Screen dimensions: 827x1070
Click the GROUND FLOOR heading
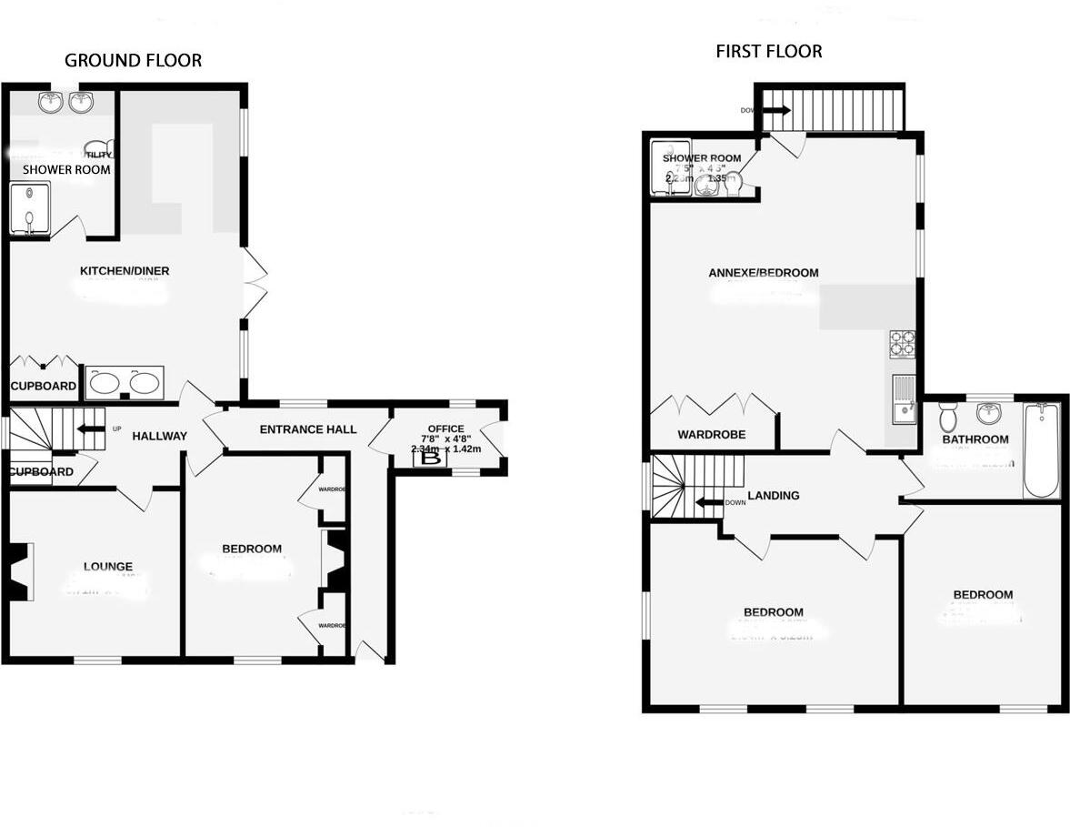[x=133, y=61]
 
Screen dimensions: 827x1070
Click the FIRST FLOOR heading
[x=768, y=52]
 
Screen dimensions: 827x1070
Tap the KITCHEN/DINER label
[x=125, y=271]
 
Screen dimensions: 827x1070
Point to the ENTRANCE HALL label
[x=308, y=429]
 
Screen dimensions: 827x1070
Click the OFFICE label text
[x=445, y=429]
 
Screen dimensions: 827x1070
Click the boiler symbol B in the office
[x=433, y=459]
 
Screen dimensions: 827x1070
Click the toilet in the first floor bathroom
[x=947, y=419]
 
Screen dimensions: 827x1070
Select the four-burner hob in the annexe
[x=902, y=343]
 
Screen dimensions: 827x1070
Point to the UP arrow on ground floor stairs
[x=89, y=429]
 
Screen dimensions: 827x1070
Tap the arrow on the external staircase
[x=775, y=111]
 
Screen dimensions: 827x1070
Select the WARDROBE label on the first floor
[x=711, y=435]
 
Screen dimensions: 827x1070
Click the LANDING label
[x=773, y=496]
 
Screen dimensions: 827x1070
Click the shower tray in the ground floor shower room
[x=29, y=208]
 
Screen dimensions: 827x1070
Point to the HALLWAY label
[x=159, y=437]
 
